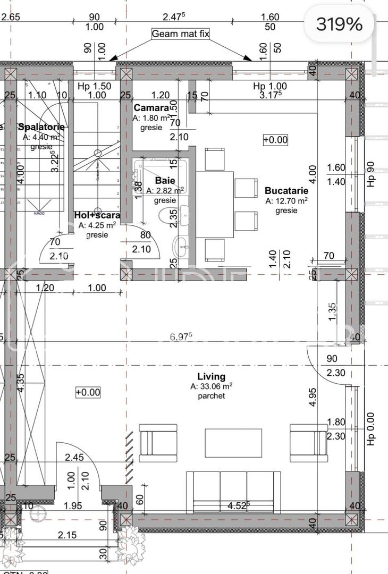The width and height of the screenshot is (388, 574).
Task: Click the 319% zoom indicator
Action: point(339,24)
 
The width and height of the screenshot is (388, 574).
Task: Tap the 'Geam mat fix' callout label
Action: point(181,33)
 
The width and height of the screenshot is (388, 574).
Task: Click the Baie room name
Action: point(165,181)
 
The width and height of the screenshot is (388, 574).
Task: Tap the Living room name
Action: point(212,376)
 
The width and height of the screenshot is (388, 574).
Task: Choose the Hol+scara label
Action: point(97,215)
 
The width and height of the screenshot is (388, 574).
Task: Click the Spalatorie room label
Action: point(41,126)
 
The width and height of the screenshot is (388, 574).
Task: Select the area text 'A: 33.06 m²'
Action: point(212,386)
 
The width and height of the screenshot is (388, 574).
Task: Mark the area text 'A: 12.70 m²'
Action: point(286,201)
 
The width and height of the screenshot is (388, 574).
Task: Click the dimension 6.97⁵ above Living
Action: point(181,336)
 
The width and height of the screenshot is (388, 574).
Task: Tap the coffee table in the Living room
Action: point(233,443)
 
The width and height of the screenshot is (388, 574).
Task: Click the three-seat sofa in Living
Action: point(233,492)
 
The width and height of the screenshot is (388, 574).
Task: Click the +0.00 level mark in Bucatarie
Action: point(275,140)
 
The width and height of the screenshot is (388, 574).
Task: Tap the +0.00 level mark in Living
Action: point(88,392)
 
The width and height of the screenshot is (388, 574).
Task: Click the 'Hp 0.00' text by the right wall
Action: point(370,429)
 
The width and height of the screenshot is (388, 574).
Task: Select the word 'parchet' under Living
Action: point(212,396)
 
